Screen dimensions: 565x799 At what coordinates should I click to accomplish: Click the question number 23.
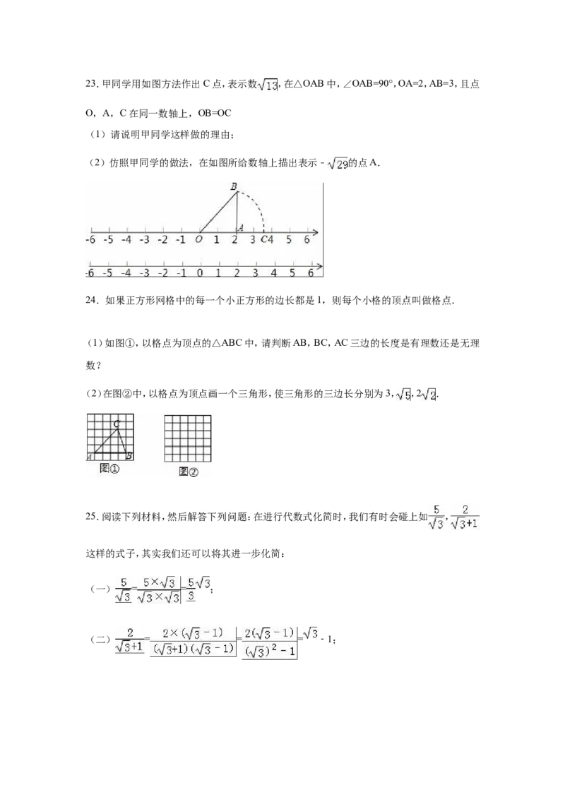pyautogui.click(x=93, y=84)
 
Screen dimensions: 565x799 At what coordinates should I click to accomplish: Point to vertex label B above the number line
pyautogui.click(x=234, y=186)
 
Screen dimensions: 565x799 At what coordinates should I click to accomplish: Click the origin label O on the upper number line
pyautogui.click(x=198, y=239)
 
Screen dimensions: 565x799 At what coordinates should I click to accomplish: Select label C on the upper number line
pyautogui.click(x=263, y=239)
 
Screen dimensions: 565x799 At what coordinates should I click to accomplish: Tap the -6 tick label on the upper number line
pyautogui.click(x=90, y=239)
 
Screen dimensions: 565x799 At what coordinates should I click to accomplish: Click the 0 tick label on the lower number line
pyautogui.click(x=199, y=272)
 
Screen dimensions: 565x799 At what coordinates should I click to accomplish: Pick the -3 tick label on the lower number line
pyautogui.click(x=144, y=272)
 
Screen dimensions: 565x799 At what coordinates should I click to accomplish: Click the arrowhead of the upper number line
pyautogui.click(x=316, y=232)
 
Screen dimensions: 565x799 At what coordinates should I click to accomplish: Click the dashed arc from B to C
pyautogui.click(x=256, y=204)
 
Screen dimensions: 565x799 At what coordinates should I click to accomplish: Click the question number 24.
pyautogui.click(x=93, y=301)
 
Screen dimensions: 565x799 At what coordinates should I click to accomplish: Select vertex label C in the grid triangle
pyautogui.click(x=117, y=423)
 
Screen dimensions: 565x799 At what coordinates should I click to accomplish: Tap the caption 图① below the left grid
pyautogui.click(x=109, y=468)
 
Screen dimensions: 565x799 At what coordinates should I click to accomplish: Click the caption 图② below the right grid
pyautogui.click(x=188, y=472)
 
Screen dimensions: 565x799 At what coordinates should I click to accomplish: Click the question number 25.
pyautogui.click(x=92, y=517)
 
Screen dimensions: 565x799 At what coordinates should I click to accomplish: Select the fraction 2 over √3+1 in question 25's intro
pyautogui.click(x=465, y=517)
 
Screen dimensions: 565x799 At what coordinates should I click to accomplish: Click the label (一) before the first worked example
pyautogui.click(x=100, y=589)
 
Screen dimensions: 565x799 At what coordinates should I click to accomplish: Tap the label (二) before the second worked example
pyautogui.click(x=100, y=639)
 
